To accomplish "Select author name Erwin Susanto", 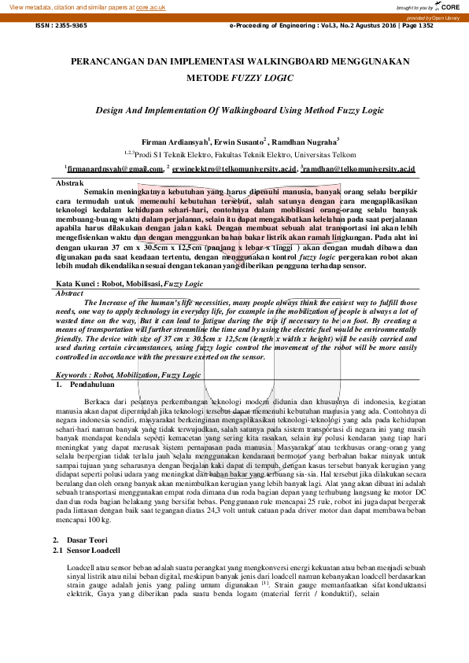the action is (242, 142).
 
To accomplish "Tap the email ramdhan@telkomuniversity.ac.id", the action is (360, 168).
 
